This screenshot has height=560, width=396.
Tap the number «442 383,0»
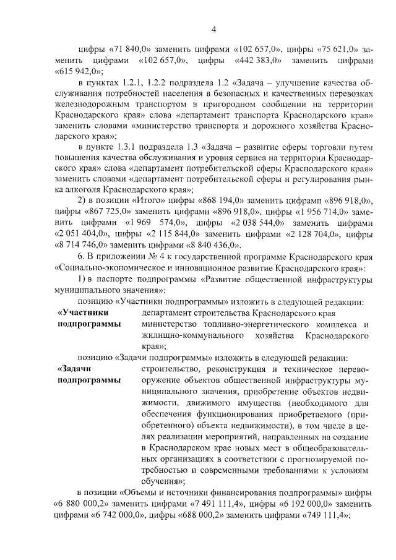[x=259, y=61]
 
